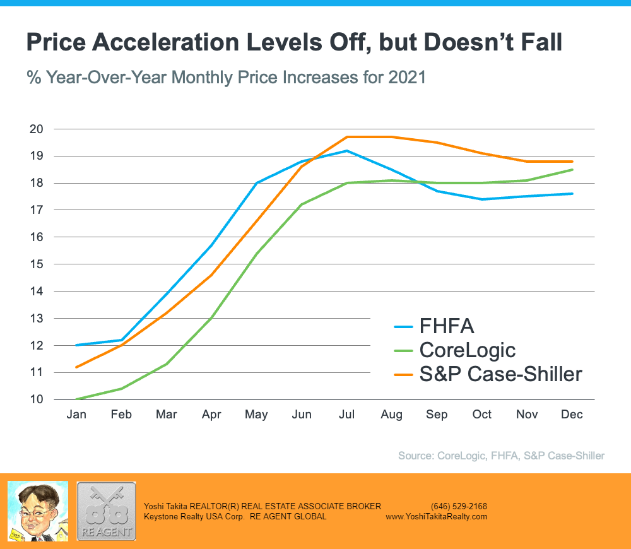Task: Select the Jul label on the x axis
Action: [x=346, y=415]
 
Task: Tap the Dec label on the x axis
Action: [x=572, y=415]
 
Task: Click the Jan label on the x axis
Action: [x=76, y=415]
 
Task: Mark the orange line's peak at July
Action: [x=346, y=137]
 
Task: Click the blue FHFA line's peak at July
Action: [x=346, y=151]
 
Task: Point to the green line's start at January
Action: [x=76, y=399]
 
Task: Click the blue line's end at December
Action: [x=572, y=194]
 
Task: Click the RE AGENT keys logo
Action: [x=106, y=510]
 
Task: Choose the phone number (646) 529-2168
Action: [x=459, y=506]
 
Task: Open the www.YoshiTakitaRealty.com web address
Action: [x=437, y=516]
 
